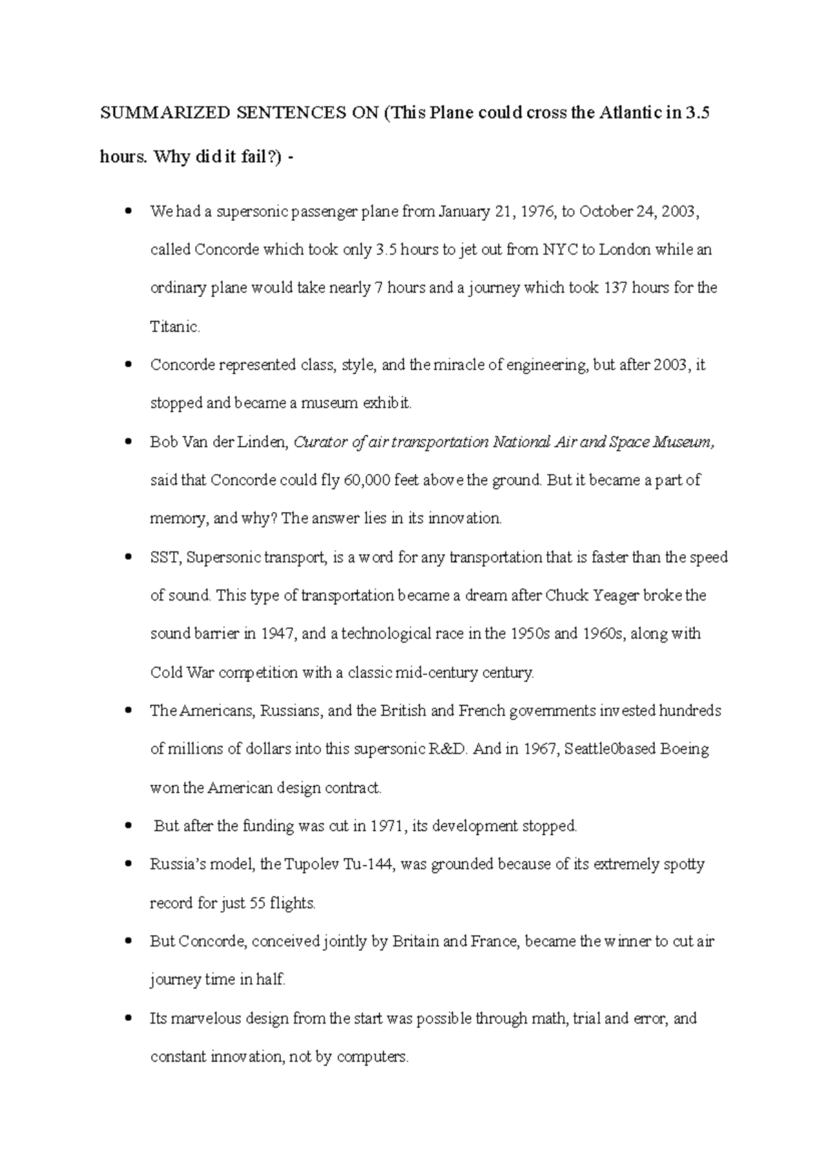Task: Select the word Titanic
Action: click(x=175, y=327)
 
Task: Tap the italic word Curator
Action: click(x=320, y=442)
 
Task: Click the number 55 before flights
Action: click(x=257, y=904)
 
